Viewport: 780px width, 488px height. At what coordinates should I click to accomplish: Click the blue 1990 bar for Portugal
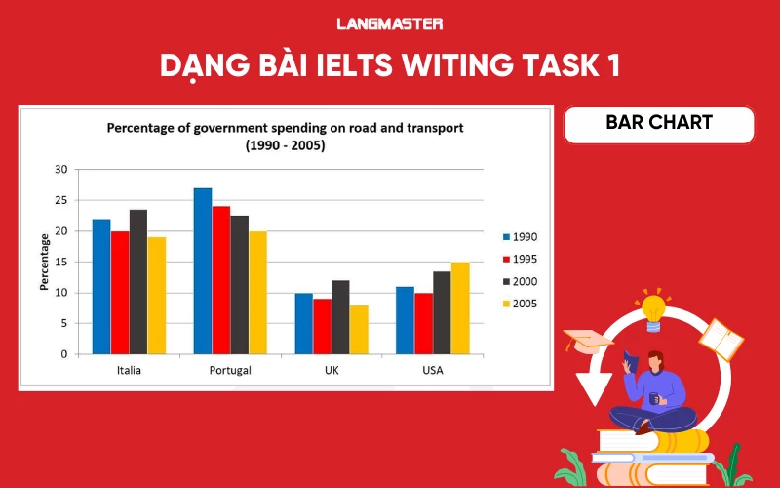coord(203,271)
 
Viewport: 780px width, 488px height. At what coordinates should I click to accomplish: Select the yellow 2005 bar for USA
coord(460,307)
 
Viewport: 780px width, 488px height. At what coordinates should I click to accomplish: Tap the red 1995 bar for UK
coord(322,326)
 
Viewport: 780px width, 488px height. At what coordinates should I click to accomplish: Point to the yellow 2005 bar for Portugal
coord(257,293)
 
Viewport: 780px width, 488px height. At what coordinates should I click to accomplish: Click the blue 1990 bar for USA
coord(406,320)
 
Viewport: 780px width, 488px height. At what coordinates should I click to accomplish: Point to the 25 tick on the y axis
coord(60,200)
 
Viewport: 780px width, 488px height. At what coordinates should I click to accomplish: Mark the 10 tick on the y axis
coord(60,293)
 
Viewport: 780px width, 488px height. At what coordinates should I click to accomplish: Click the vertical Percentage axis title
coord(44,262)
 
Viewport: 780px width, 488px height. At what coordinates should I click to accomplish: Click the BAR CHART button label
coord(659,123)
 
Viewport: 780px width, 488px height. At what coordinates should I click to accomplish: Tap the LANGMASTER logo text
coord(389,23)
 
